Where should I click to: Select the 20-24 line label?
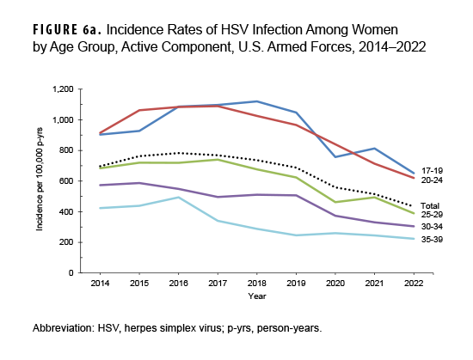coord(431,181)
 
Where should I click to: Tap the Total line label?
coord(430,206)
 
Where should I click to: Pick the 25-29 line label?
coord(431,215)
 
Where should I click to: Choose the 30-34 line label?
coord(431,228)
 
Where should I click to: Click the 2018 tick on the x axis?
coord(256,283)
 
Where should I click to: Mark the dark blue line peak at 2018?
coord(256,101)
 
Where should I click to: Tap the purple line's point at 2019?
coord(295,195)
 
